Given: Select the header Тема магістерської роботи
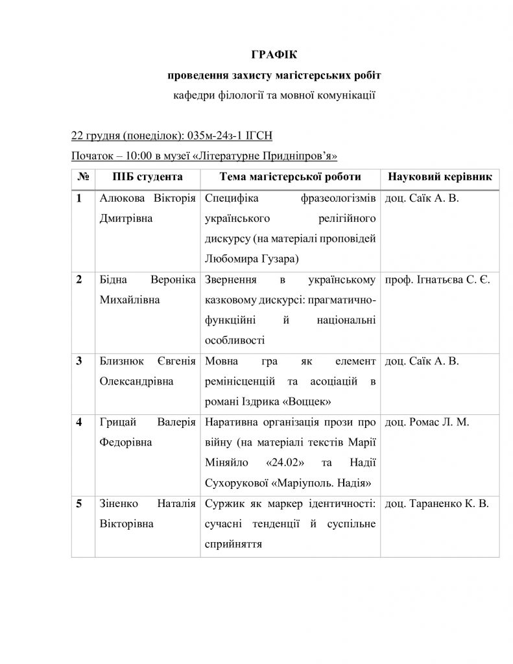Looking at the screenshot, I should click(x=290, y=176).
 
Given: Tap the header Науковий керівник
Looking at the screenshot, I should click(x=439, y=176).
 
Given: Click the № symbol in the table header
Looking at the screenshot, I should click(x=82, y=176).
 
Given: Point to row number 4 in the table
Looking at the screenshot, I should click(x=79, y=422).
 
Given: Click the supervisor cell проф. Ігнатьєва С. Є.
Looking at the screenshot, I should click(x=437, y=279).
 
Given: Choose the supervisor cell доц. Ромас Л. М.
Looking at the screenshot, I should click(x=427, y=422).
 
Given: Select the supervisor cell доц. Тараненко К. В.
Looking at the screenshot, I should click(x=437, y=503).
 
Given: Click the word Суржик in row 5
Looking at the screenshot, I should click(x=223, y=503).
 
